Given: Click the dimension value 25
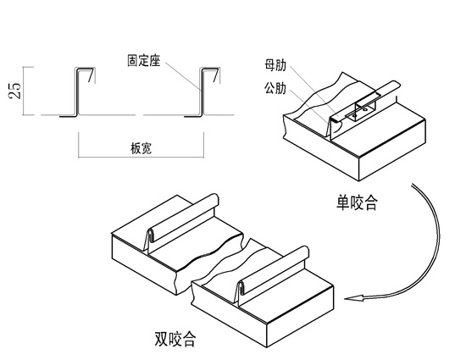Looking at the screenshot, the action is tap(15, 91).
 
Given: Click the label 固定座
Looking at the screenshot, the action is tap(144, 61).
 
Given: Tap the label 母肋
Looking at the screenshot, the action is tap(275, 65).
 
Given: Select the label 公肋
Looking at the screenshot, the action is tap(275, 88).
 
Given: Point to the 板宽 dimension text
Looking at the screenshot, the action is tap(141, 148).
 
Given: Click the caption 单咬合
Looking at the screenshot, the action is tap(357, 202).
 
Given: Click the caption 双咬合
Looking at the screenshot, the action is tap(175, 339).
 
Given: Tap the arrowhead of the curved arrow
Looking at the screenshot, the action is tap(354, 298).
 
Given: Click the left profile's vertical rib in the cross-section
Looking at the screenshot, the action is tap(76, 92).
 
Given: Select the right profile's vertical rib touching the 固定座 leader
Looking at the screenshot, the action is tap(202, 92).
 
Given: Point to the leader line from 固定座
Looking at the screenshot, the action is tap(182, 75).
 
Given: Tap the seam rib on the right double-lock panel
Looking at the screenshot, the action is tap(272, 274).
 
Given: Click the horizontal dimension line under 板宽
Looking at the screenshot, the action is tap(141, 157).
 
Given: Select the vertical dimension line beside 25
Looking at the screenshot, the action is tap(24, 91).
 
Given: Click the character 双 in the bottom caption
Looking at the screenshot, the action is tap(161, 339).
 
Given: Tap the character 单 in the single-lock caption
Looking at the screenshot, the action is tap(343, 202).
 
